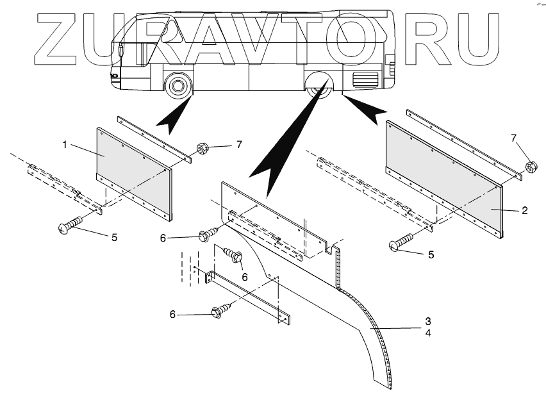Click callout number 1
(65, 145)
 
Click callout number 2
(524, 211)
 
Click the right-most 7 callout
(513, 138)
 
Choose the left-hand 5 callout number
(114, 237)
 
